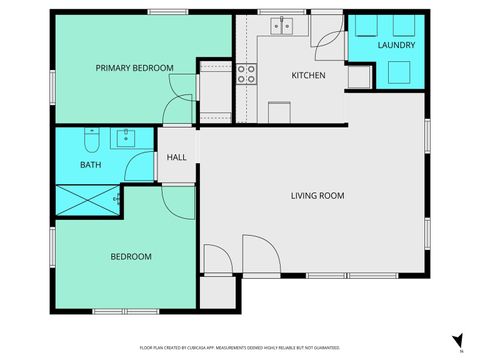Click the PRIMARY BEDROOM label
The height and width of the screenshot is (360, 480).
tap(134, 68)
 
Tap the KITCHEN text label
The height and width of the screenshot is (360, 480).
tap(308, 75)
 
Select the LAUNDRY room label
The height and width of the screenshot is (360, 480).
tap(397, 46)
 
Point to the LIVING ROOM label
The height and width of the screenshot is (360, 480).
tap(317, 196)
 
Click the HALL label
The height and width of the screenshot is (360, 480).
tap(176, 158)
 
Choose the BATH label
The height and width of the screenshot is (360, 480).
tap(90, 164)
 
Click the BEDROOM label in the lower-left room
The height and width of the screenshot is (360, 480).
tap(130, 257)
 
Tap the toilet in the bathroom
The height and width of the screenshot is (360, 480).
tap(91, 137)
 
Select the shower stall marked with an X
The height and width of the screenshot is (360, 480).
tap(88, 201)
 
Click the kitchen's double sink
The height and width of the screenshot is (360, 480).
tap(284, 26)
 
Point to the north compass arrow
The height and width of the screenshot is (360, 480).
tap(457, 341)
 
